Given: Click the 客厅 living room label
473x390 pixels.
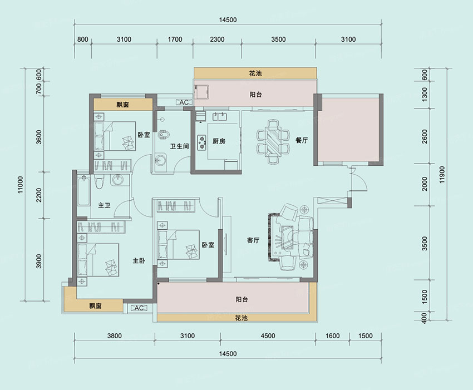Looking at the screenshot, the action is (x=253, y=240).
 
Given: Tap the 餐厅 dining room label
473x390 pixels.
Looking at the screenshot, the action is (x=302, y=140).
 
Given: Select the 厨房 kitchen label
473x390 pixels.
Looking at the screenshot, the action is (x=219, y=141).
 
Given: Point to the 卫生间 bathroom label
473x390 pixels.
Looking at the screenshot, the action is (x=180, y=146).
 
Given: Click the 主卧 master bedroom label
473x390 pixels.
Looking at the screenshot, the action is (x=139, y=260).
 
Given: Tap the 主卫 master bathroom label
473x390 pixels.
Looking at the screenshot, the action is (x=104, y=206).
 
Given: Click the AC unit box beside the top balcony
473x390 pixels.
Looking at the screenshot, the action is (x=184, y=102).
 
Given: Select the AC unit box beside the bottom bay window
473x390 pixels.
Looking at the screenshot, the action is (x=139, y=308).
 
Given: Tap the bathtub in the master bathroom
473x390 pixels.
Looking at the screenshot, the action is (x=83, y=191).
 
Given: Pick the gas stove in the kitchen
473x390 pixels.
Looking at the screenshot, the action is (x=201, y=142).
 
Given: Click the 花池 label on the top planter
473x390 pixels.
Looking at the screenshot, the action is (x=255, y=73).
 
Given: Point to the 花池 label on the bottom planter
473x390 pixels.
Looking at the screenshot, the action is (x=242, y=318).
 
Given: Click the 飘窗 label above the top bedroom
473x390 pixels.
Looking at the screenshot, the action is (x=123, y=105).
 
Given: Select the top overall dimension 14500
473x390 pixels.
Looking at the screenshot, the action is (x=228, y=20).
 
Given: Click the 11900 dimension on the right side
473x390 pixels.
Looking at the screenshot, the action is (x=442, y=175).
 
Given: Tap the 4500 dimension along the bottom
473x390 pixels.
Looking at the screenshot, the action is (x=268, y=336).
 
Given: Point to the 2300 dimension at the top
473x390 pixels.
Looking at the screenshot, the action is (x=217, y=40).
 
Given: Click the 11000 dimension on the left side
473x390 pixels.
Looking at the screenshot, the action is (x=20, y=185).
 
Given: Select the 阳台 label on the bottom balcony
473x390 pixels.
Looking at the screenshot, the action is (x=242, y=299).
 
